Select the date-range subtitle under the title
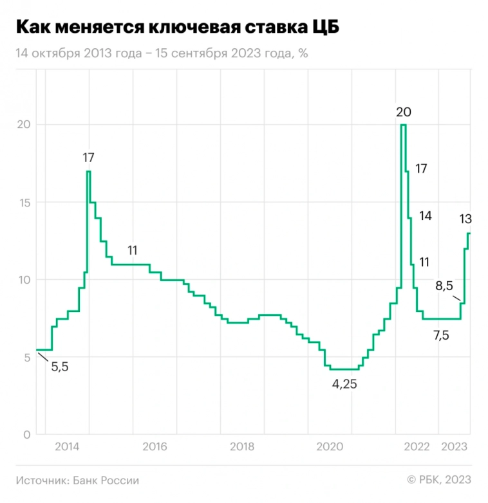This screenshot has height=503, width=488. [x=162, y=53]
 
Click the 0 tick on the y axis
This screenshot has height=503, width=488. [x=26, y=435]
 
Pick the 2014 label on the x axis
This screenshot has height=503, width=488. [x=67, y=447]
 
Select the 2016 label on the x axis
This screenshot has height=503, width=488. [x=155, y=447]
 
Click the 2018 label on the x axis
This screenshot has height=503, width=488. [x=241, y=447]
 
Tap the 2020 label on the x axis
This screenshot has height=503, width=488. [x=329, y=447]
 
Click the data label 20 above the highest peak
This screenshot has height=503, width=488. [x=404, y=112]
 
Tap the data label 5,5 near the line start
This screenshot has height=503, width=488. [x=59, y=367]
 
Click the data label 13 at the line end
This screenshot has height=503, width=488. [x=465, y=219]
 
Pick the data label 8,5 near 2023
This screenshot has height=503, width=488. [x=445, y=286]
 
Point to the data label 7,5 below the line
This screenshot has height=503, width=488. [x=441, y=335]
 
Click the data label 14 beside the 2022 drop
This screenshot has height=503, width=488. [x=425, y=215]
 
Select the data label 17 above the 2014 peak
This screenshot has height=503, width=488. [x=89, y=158]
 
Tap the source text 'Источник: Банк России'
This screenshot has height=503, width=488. [x=78, y=480]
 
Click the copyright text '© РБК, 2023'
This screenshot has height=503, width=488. [x=439, y=480]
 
